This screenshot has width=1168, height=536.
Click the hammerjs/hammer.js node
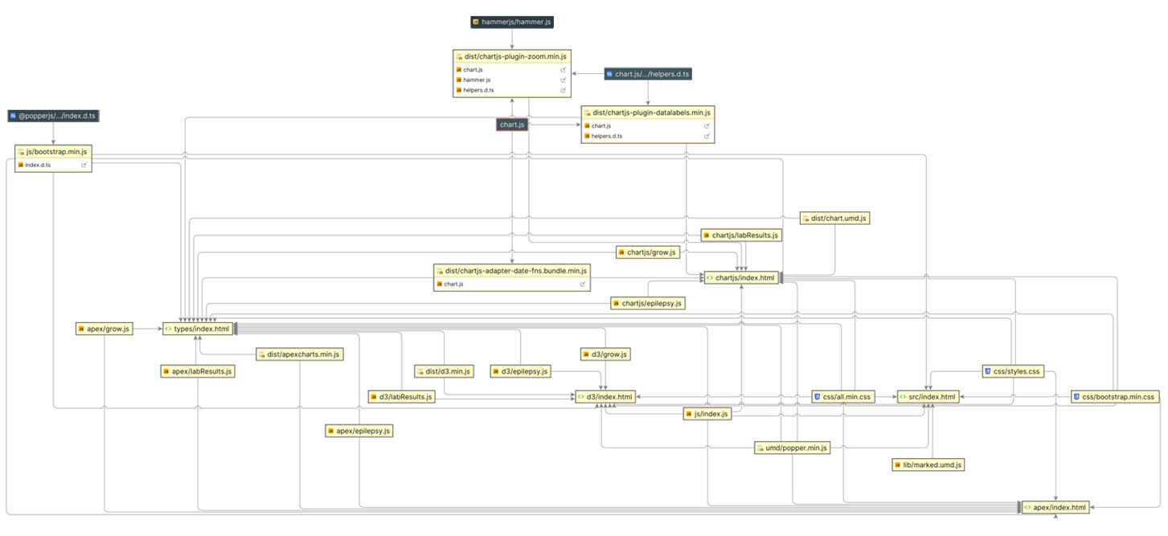[511, 22]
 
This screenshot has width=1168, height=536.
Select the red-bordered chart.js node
[511, 125]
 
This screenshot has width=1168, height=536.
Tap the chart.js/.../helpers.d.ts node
[648, 74]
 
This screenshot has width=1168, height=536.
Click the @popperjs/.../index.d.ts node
[53, 116]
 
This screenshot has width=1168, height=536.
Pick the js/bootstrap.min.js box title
[53, 152]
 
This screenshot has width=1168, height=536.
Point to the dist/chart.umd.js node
[834, 219]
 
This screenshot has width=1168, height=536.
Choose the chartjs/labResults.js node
[741, 235]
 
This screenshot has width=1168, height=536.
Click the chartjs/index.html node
[741, 278]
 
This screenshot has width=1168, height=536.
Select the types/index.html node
[198, 329]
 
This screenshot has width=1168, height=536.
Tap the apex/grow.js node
[105, 329]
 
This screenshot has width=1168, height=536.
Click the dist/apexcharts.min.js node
[299, 354]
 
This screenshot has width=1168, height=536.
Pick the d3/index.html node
[605, 397]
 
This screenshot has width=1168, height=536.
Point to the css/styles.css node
[1013, 371]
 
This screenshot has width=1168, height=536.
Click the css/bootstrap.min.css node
[1115, 397]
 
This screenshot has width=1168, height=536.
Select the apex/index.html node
[1055, 507]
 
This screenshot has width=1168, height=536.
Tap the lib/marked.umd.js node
[928, 464]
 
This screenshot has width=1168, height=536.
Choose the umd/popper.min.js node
[792, 448]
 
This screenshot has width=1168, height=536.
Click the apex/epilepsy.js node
[359, 431]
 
